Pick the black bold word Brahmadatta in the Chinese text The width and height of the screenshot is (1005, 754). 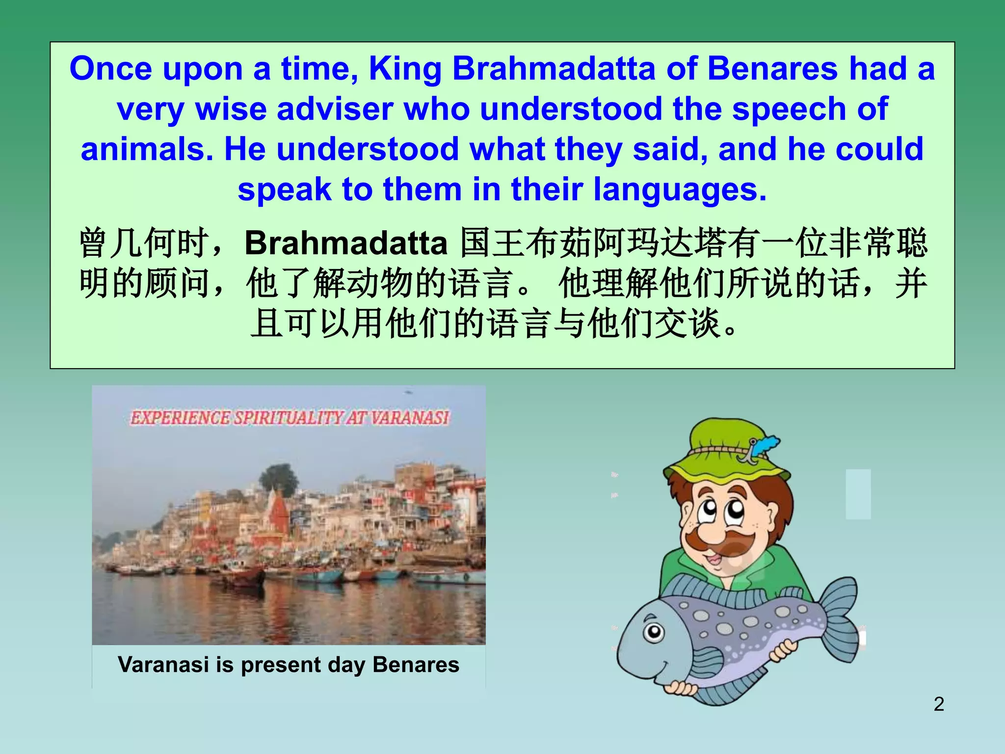346,243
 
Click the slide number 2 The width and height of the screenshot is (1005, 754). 939,704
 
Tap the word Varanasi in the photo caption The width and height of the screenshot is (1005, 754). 163,665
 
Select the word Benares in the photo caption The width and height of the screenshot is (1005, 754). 416,665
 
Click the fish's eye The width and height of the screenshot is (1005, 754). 654,632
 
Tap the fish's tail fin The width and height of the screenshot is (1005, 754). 838,616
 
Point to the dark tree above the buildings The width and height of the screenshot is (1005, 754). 279,479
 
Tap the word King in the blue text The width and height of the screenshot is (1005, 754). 405,69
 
